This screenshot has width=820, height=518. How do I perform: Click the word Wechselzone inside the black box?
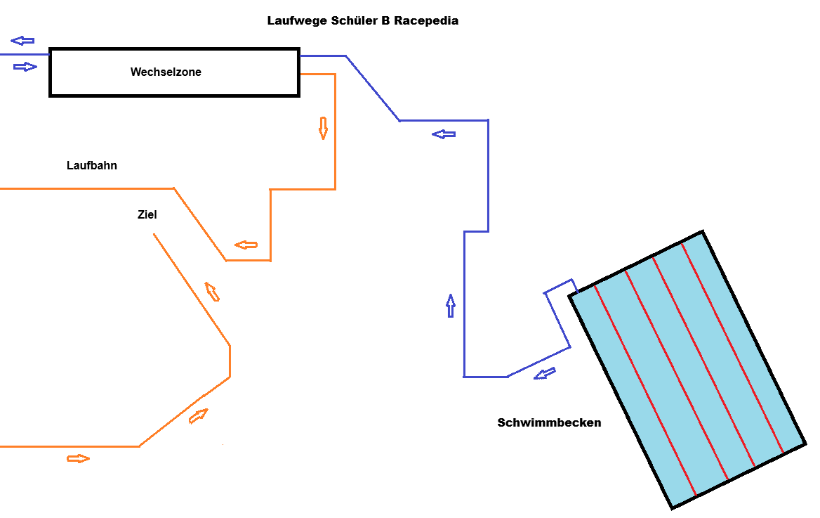tap(166, 72)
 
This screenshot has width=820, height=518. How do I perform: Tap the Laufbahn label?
tap(91, 165)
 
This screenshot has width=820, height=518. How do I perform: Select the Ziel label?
tap(147, 214)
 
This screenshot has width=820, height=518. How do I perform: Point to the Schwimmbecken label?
tap(549, 422)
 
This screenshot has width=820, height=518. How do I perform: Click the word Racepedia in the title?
tap(426, 21)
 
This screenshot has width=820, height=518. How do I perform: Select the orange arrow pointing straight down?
tap(323, 129)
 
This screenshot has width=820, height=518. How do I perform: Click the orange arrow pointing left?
tap(246, 245)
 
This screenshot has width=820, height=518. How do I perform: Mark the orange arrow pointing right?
tap(79, 459)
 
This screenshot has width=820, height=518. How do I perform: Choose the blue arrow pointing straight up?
tap(451, 306)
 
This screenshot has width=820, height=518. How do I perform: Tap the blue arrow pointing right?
tap(25, 67)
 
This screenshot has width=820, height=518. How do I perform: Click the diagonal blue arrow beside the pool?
tap(544, 373)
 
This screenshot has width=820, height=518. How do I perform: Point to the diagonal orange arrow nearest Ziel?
tap(212, 292)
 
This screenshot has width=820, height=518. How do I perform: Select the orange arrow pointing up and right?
tap(198, 416)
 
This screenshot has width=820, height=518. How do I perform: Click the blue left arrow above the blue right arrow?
tap(22, 40)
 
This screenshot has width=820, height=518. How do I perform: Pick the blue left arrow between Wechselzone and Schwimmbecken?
tap(444, 135)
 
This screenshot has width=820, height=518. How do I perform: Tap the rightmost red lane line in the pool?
tap(732, 348)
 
